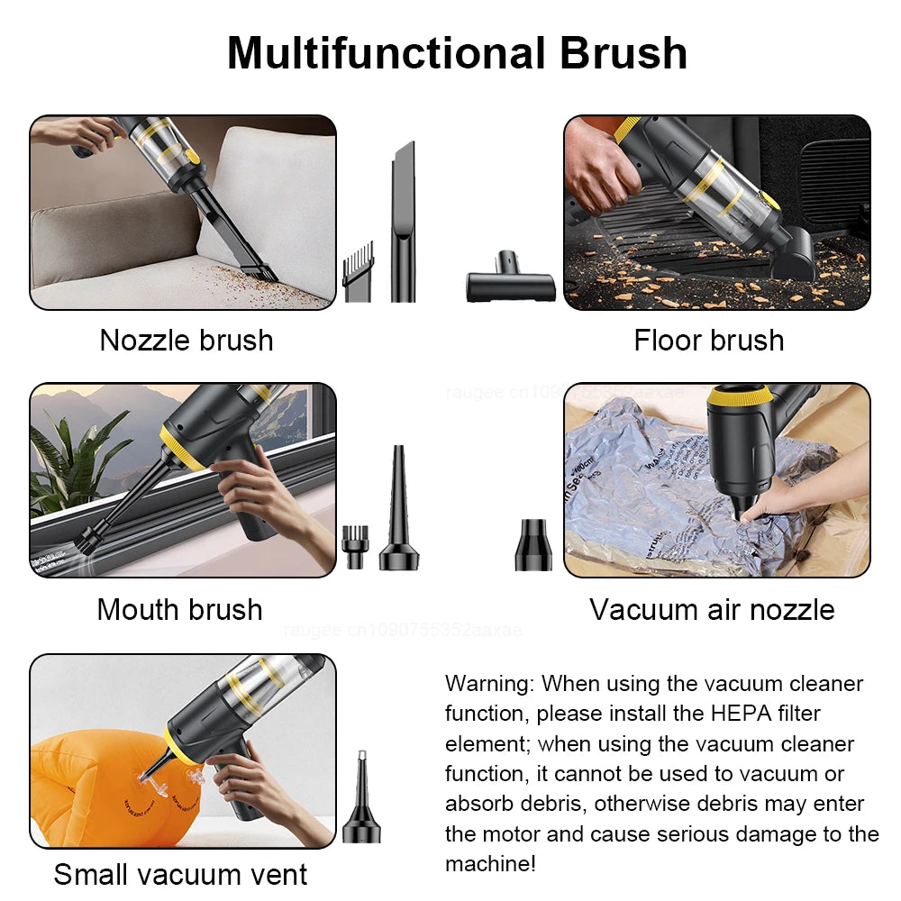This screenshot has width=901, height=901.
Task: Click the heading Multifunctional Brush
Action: pos(457,52)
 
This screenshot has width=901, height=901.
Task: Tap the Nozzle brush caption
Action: pos(187,341)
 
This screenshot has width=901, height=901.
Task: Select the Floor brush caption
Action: pos(709,341)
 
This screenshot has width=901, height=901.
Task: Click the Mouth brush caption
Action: pos(180,610)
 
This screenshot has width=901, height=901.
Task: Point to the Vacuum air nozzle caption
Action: pos(712,610)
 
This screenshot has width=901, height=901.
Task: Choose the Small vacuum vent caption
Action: pos(180,874)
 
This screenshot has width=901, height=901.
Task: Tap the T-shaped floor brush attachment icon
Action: pos(510,285)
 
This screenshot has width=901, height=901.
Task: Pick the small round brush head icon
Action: pos(352,547)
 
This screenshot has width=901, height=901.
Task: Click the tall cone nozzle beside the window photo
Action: pos(397,514)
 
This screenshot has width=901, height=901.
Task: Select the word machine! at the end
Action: pos(491,864)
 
